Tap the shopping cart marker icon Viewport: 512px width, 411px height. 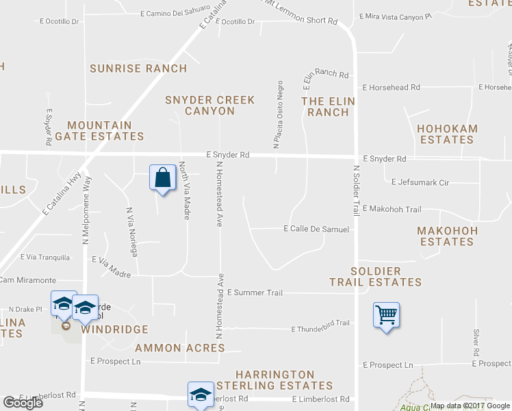[x=387, y=315]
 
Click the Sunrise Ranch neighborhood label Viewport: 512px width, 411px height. [x=138, y=68]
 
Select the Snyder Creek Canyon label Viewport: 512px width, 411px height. [x=209, y=105]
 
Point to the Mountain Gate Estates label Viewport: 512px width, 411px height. [x=105, y=131]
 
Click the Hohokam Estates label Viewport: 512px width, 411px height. [x=447, y=134]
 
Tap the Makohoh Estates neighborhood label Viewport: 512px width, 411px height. [x=447, y=236]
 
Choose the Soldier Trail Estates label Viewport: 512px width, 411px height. [x=375, y=277]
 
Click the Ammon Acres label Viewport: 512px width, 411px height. [x=180, y=348]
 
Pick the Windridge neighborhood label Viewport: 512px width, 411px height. [x=114, y=329]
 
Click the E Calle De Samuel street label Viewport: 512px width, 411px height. [x=316, y=229]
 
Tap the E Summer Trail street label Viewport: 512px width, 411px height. [x=255, y=293]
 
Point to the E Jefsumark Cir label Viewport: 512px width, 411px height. [x=420, y=182]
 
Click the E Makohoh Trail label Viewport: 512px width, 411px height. [x=392, y=209]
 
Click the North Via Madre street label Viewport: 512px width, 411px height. [x=184, y=190]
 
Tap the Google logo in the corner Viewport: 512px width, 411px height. [x=23, y=403]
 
